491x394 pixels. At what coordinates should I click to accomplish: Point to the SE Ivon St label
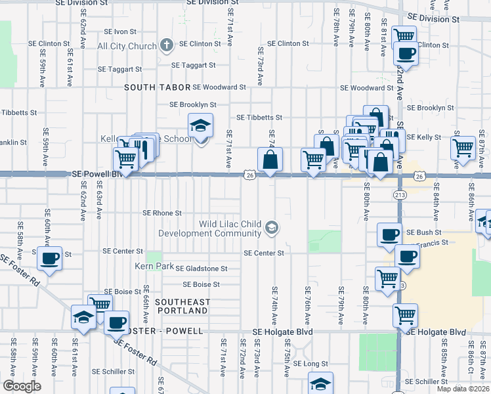click(x=115, y=32)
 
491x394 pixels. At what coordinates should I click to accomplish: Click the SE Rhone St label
click(x=162, y=213)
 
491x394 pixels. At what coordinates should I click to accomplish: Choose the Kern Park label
click(x=154, y=267)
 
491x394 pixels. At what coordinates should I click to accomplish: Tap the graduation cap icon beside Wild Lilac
click(x=271, y=228)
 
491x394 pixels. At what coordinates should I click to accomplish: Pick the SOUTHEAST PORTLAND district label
click(x=182, y=306)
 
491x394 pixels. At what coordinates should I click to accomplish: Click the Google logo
click(x=22, y=386)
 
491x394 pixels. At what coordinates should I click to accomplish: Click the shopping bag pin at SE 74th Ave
click(x=270, y=160)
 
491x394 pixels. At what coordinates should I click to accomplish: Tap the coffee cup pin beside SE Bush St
click(x=389, y=235)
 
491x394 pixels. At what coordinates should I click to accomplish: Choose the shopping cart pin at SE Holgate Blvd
click(x=406, y=316)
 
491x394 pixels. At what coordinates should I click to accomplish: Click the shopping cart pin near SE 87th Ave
click(x=463, y=148)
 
